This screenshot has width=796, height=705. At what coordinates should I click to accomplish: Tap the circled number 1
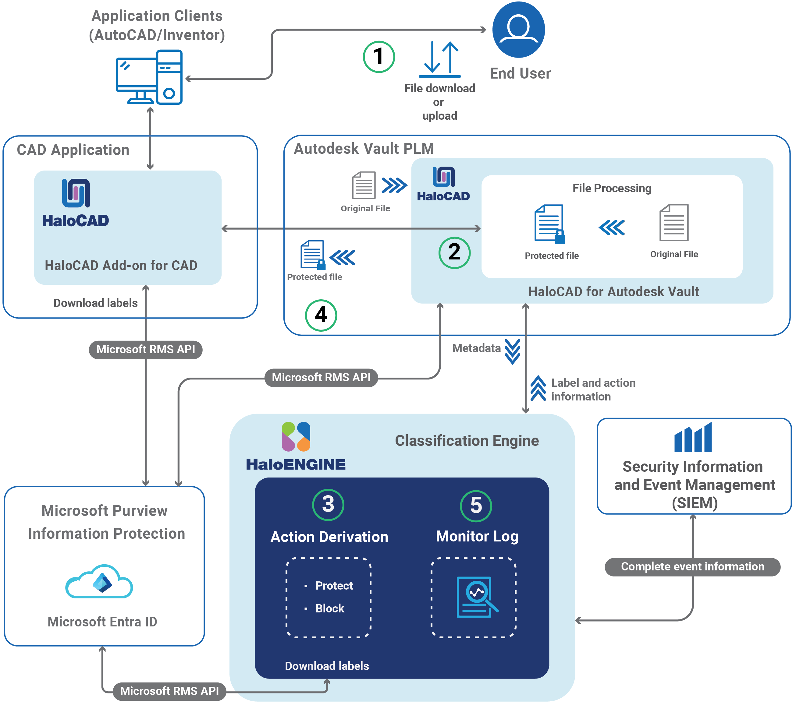coord(378,57)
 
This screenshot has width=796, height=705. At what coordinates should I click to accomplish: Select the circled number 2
coord(454,252)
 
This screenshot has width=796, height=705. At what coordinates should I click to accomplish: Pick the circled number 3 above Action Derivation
coord(328,505)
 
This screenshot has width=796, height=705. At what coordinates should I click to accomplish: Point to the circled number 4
coord(321,315)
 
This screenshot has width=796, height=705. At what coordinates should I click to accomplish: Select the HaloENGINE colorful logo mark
coord(296,436)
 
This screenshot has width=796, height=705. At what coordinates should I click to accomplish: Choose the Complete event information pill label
coord(692,566)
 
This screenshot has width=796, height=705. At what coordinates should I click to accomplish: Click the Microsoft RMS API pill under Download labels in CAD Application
coord(145,349)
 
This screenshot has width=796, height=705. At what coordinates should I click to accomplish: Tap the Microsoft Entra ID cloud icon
coord(99,582)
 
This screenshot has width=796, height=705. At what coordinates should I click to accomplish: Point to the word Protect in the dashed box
coord(334,586)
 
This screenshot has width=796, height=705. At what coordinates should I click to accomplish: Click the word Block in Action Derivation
coord(329,608)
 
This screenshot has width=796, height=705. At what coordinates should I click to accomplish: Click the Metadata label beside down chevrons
coord(476,348)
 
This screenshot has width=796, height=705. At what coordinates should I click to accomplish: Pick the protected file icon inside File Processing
coord(549,224)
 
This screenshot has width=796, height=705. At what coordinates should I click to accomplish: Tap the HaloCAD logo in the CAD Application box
coord(76,203)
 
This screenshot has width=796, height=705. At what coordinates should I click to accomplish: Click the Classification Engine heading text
coord(467,441)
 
